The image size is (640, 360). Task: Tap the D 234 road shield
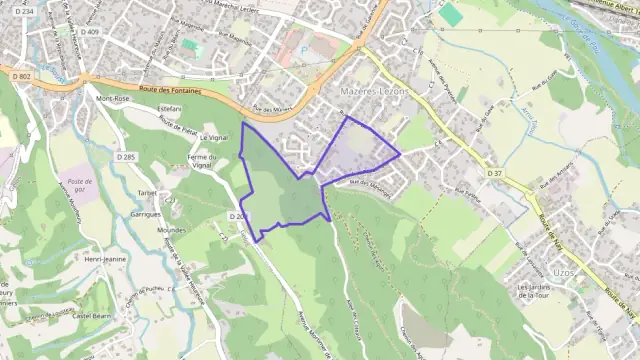[25, 11]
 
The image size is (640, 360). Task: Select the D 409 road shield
[91, 32]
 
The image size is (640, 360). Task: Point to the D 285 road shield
[125, 157]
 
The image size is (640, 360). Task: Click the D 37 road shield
[495, 173]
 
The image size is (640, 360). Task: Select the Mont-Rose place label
[113, 100]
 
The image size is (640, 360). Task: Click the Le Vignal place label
[215, 137]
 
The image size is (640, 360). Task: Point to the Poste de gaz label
[75, 185]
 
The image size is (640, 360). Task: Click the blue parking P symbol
[306, 48]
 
